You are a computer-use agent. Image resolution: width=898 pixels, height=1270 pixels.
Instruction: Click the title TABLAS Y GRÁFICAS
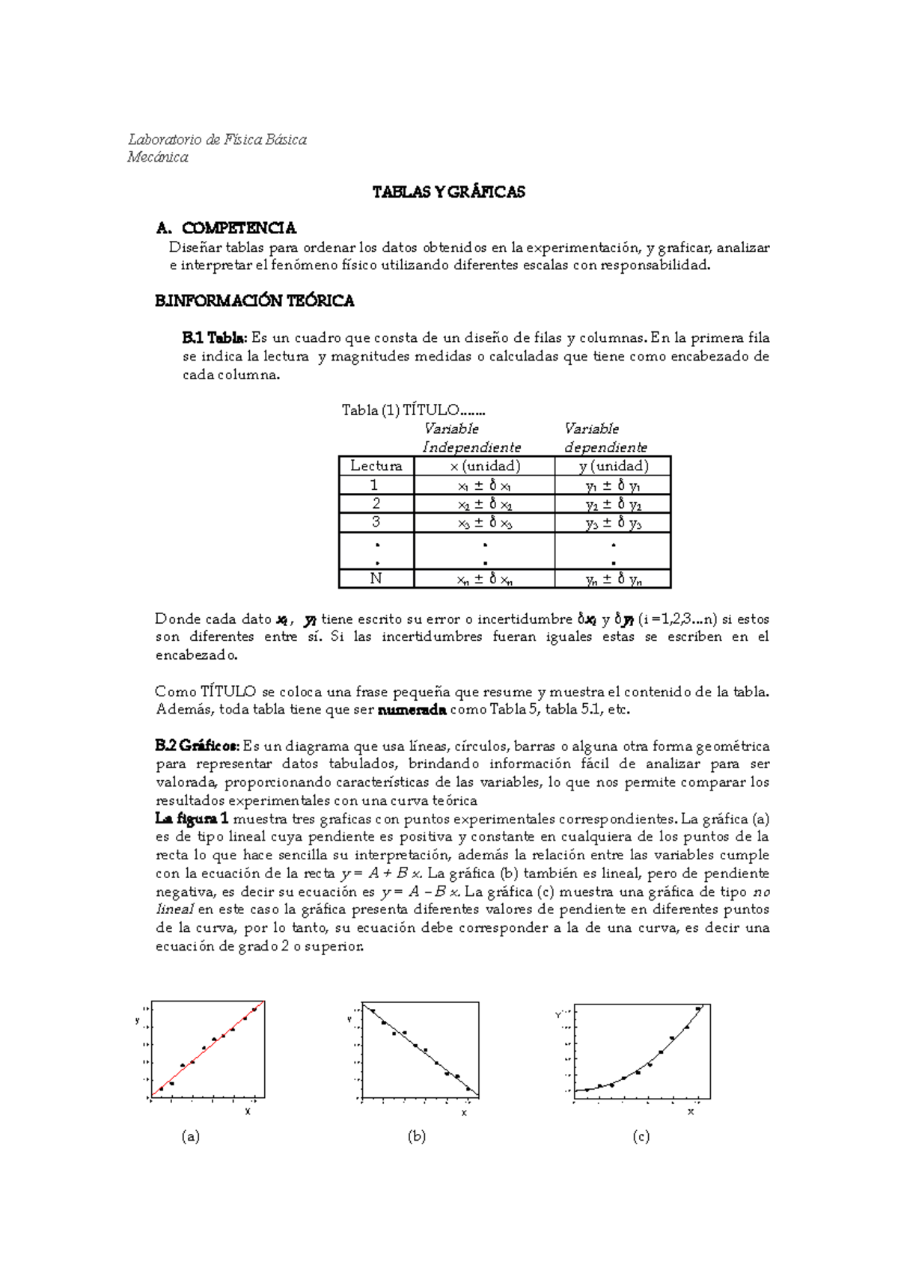[x=448, y=192]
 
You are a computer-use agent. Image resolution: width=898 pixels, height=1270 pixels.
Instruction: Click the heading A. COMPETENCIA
[x=226, y=228]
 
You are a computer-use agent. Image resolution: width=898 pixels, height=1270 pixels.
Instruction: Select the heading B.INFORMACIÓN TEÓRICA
[x=254, y=301]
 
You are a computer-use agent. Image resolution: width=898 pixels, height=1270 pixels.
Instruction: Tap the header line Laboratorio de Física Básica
[x=217, y=140]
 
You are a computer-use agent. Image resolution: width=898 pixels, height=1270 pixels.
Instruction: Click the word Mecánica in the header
[x=158, y=157]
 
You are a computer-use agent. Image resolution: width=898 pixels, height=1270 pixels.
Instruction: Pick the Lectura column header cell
[x=376, y=466]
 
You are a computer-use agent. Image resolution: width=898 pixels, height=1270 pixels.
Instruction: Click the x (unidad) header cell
[x=484, y=466]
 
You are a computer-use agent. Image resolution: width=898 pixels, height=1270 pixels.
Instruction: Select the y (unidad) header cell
[x=613, y=466]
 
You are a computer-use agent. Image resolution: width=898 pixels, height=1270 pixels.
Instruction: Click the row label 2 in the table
[x=376, y=503]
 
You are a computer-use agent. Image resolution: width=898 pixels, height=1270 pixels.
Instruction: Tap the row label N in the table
[x=376, y=579]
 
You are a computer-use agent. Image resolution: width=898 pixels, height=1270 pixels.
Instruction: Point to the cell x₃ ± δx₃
[x=484, y=523]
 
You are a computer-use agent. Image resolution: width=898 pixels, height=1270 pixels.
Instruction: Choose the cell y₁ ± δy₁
[x=613, y=485]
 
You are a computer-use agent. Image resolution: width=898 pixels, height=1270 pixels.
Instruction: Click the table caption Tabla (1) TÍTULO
[x=413, y=410]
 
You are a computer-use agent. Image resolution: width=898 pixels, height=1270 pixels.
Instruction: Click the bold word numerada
[x=412, y=711]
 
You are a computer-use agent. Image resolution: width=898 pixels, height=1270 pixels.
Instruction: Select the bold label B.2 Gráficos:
[x=198, y=746]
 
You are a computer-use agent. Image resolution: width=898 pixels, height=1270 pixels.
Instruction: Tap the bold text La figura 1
[x=192, y=819]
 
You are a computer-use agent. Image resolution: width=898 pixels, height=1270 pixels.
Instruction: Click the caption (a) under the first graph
[x=191, y=1137]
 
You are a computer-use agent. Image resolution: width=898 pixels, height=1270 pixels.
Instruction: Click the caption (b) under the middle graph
[x=417, y=1137]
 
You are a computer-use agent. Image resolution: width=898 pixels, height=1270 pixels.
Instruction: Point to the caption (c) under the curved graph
[x=641, y=1137]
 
